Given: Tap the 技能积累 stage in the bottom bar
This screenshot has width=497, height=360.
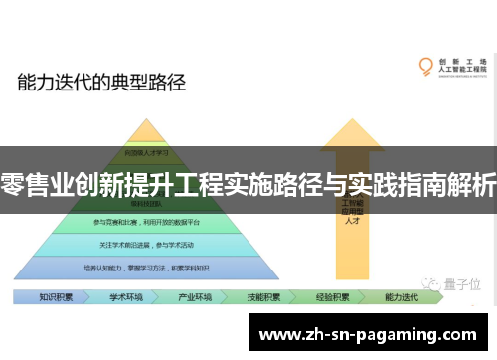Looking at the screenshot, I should click(262, 296).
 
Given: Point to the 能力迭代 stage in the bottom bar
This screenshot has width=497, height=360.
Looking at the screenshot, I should click(402, 296).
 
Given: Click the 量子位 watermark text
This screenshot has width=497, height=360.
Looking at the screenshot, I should click(461, 283).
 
